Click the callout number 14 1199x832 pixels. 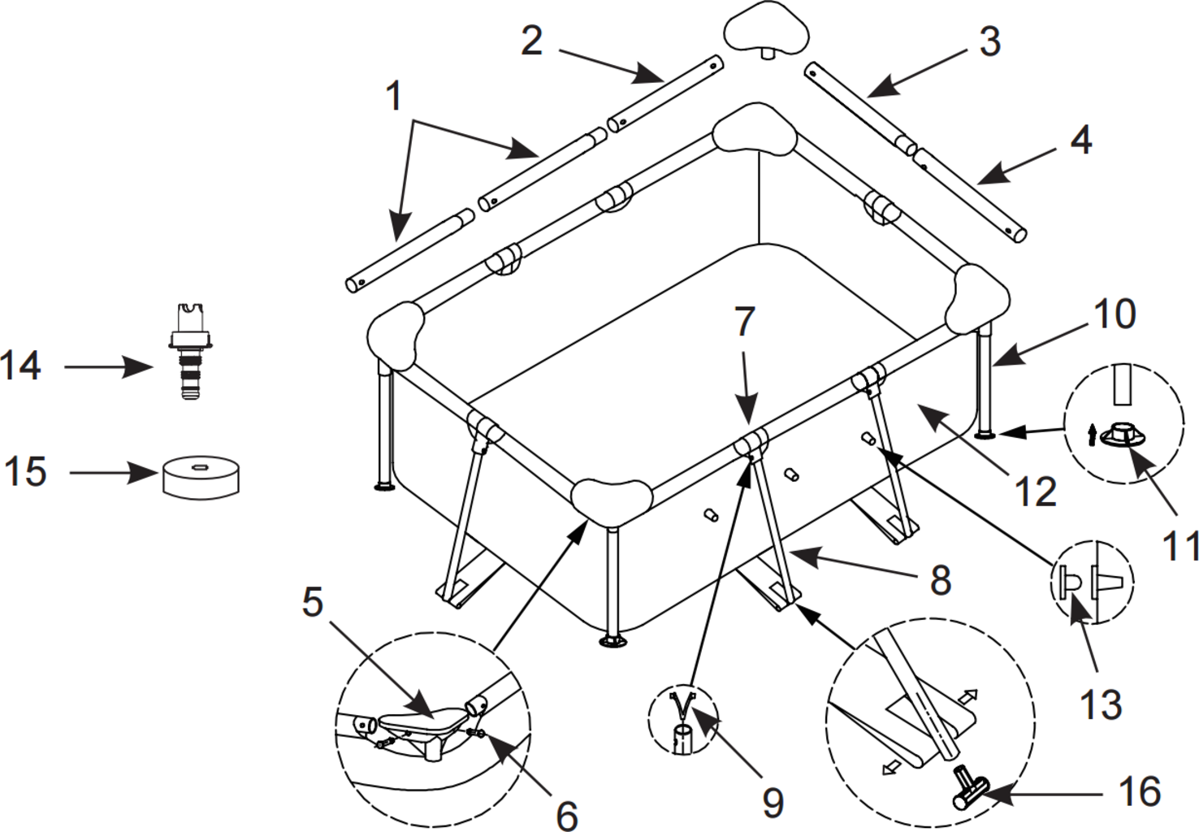[x=21, y=366]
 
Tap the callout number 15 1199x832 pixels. [x=26, y=471]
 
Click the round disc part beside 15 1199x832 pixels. [x=201, y=475]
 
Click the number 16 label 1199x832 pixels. [x=1139, y=791]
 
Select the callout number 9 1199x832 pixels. [x=773, y=801]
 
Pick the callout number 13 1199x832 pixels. [x=1101, y=704]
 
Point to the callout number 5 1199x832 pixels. [x=313, y=602]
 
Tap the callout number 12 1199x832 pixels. [x=1036, y=492]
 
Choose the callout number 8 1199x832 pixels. [x=940, y=580]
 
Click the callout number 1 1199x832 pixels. [x=394, y=97]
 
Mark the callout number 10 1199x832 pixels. [x=1115, y=314]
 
